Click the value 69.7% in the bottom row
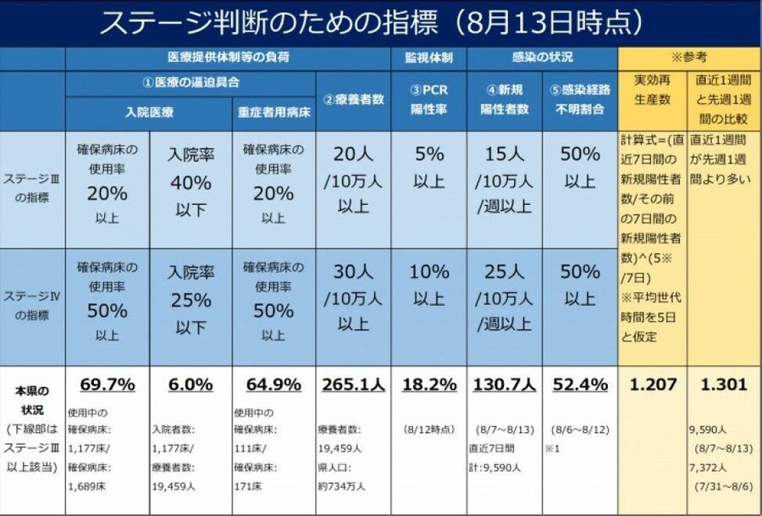pos(108,384)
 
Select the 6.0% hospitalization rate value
pos(190,384)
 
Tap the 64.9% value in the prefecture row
pos(273,384)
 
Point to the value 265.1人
pos(353,384)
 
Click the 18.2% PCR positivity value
pos(429,384)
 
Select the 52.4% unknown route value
pos(580,384)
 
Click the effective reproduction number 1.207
pos(654,384)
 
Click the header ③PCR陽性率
pos(429,100)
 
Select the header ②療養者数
pos(353,99)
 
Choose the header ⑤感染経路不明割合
pos(580,100)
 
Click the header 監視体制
pos(429,58)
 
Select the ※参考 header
pos(689,58)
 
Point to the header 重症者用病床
pos(273,111)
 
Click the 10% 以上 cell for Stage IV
pos(429,284)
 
